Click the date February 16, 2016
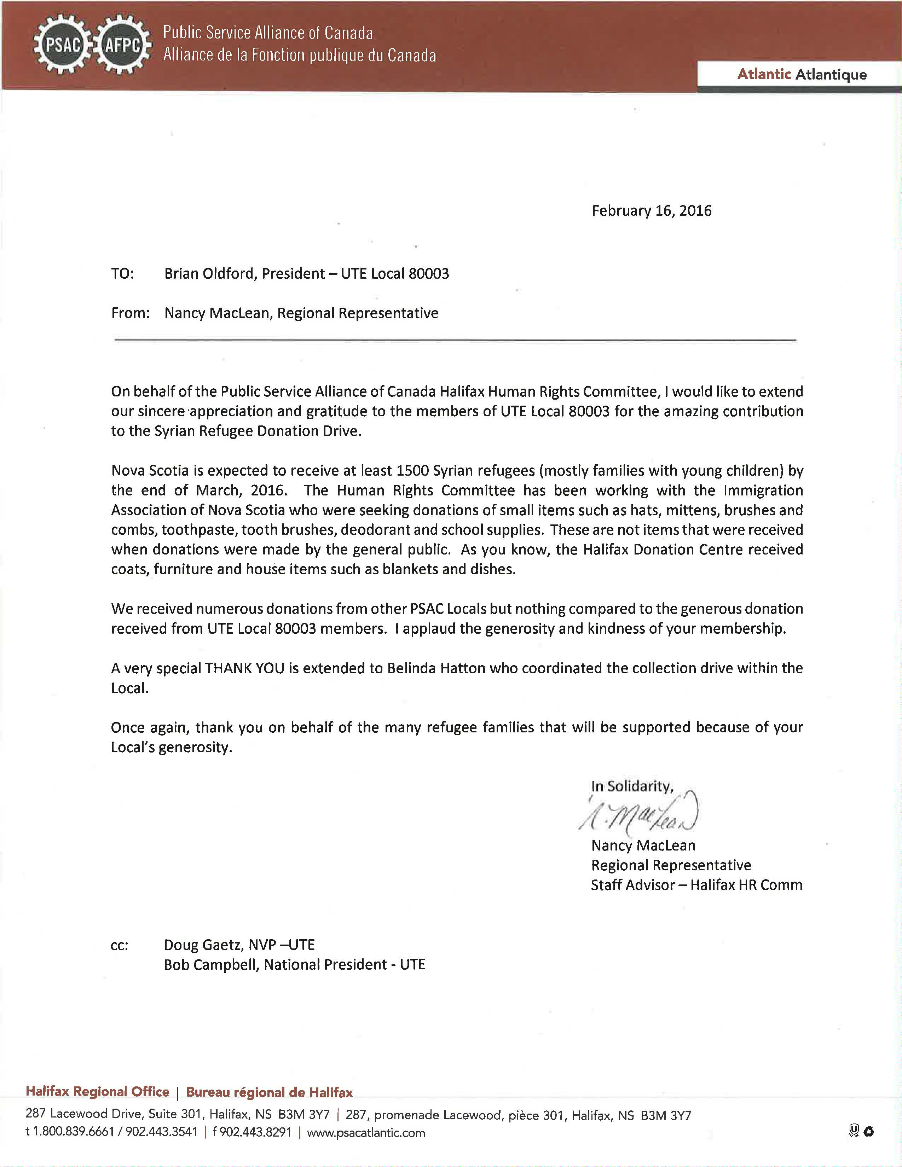(x=651, y=210)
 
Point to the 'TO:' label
(x=122, y=274)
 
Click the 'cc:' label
(x=119, y=946)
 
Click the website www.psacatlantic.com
(x=366, y=1133)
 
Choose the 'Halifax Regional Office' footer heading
(x=97, y=1092)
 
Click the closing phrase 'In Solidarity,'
(x=632, y=786)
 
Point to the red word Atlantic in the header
(x=764, y=74)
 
